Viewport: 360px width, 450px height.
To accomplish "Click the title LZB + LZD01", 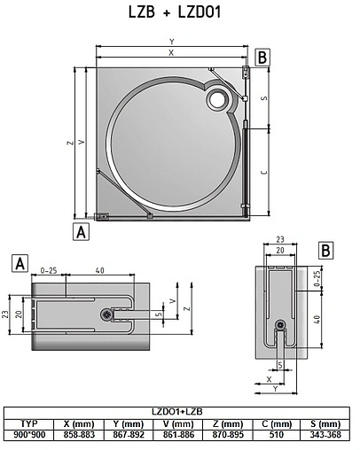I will (181, 12).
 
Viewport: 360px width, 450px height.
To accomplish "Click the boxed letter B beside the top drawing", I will (262, 57).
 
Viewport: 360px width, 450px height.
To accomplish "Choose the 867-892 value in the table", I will (131, 436).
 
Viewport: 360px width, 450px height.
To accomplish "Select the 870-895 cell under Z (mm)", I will (228, 436).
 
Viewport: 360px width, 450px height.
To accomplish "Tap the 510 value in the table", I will (277, 436).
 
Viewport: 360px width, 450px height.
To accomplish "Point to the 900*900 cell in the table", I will (31, 436).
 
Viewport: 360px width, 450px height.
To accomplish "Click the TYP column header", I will (31, 424).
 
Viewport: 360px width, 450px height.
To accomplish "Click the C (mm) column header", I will (277, 424).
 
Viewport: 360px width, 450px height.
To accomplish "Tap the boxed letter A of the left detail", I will (18, 262).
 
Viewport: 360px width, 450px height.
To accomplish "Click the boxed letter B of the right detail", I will (326, 250).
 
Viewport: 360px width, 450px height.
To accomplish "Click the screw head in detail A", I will (107, 314).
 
